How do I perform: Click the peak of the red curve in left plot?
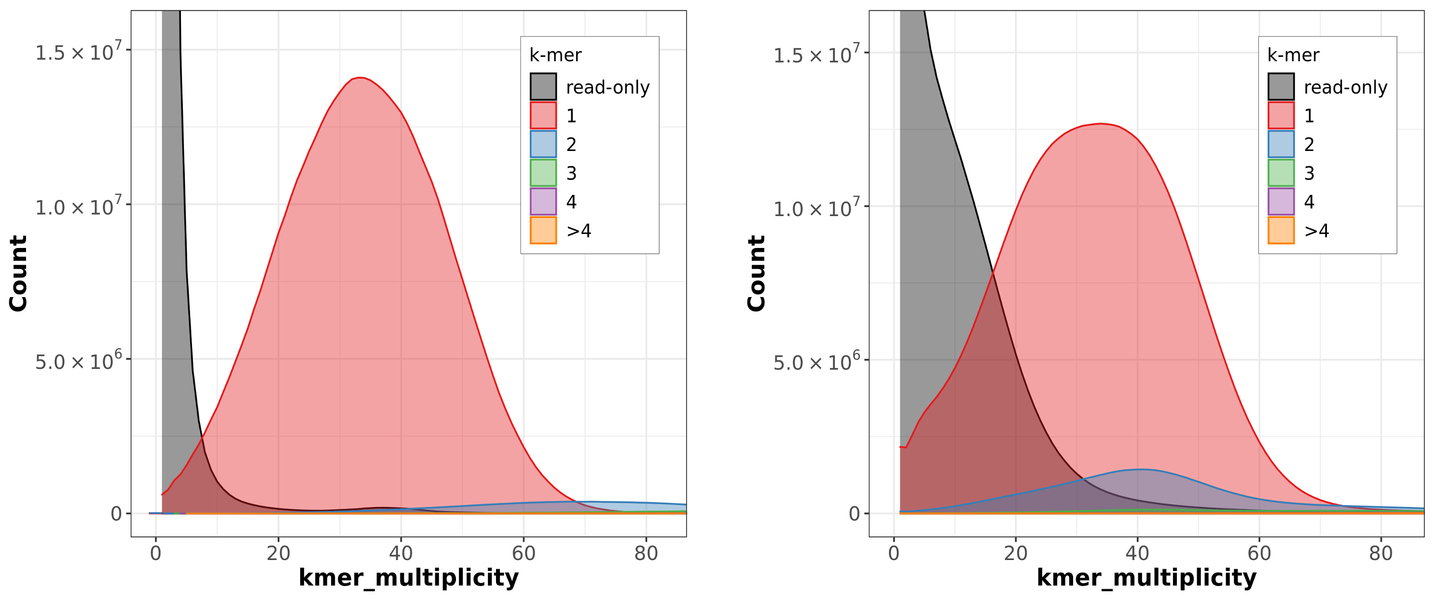(360, 78)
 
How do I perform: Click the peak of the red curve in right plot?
(1100, 123)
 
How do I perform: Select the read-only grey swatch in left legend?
(543, 87)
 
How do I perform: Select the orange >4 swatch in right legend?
(1281, 230)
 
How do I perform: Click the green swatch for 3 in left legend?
(543, 173)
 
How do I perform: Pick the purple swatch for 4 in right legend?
(1281, 201)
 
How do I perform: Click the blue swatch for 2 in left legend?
(543, 144)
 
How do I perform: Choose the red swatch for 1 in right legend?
(1281, 115)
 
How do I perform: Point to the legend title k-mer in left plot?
(555, 55)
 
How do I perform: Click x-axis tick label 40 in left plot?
(400, 553)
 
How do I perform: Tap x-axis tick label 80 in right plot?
(1380, 553)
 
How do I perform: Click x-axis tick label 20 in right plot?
(1016, 553)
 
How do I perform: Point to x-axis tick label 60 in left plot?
(523, 553)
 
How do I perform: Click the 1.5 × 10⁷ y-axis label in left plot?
(78, 53)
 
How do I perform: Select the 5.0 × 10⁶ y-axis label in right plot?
(816, 363)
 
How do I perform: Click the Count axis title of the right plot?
(756, 273)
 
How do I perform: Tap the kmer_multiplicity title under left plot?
(408, 577)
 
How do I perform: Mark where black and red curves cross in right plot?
(993, 273)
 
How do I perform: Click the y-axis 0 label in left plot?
(116, 514)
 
